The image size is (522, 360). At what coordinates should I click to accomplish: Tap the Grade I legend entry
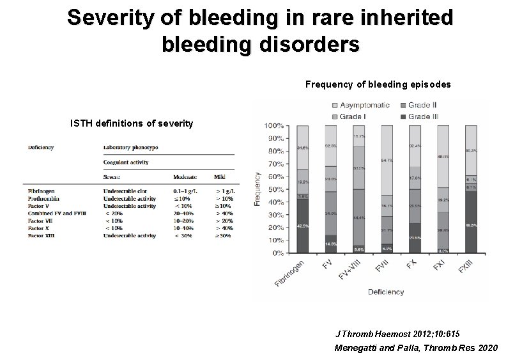pyautogui.click(x=352, y=116)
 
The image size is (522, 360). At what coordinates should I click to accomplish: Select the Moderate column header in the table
pyautogui.click(x=185, y=177)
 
